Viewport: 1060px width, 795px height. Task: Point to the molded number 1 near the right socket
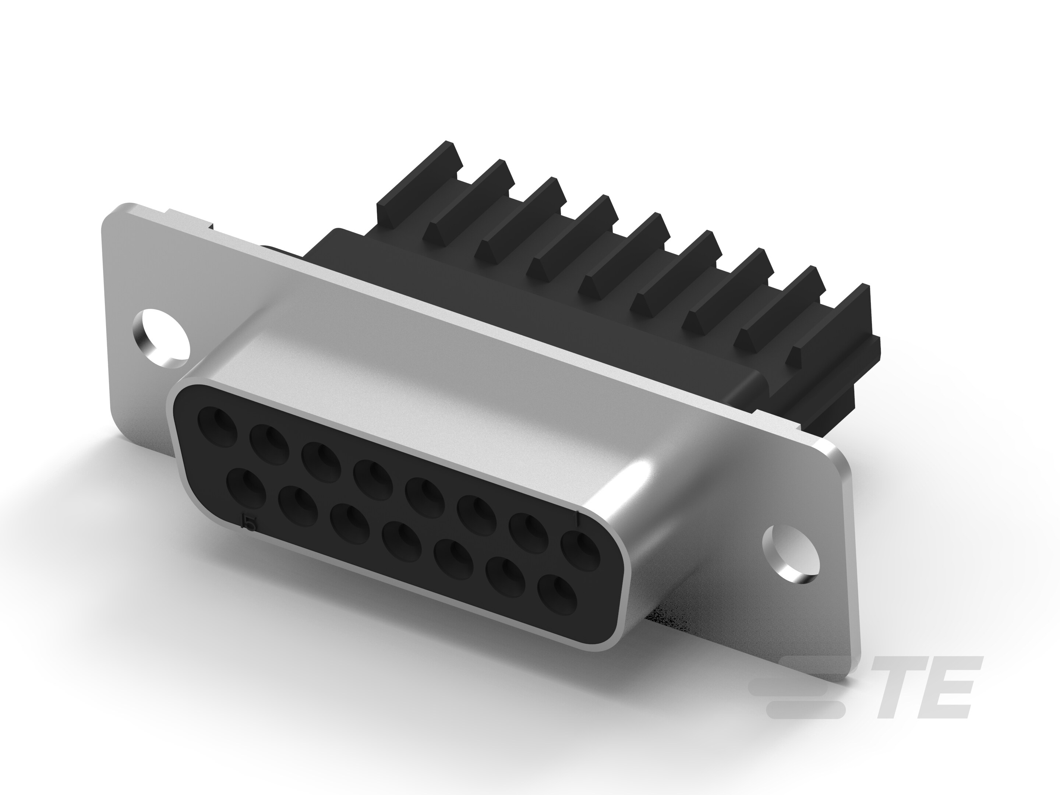point(579,517)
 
